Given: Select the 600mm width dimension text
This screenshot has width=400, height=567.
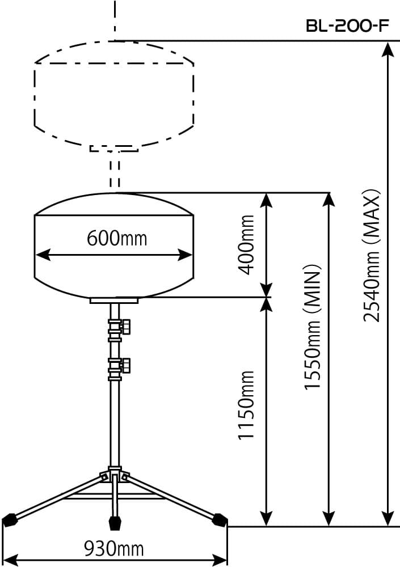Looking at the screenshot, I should tap(116, 238).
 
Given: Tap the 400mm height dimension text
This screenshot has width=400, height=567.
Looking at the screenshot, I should tap(247, 244).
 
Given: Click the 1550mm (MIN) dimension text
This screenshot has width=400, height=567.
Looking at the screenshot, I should tap(313, 327).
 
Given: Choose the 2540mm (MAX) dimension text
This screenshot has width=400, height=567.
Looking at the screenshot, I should tap(372, 255).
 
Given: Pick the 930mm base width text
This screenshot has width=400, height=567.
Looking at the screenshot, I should tap(113, 548).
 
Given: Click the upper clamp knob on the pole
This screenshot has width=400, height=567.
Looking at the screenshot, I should tap(126, 326).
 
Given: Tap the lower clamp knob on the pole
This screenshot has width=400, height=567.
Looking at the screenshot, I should tap(126, 365).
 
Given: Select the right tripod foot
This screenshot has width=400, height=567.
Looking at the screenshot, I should tap(220, 519).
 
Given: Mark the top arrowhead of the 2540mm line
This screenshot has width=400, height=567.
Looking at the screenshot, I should tap(388, 48).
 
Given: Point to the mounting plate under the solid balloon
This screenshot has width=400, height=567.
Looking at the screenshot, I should tap(114, 301).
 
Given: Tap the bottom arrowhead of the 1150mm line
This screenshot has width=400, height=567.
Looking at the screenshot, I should tap(266, 519).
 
